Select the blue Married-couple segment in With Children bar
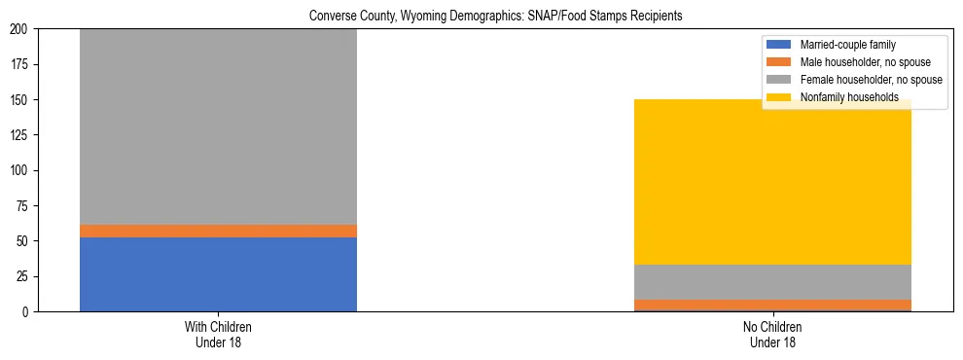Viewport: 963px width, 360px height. click(x=218, y=274)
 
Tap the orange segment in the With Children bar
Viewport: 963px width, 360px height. click(x=218, y=231)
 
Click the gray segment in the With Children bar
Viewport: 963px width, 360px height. click(x=218, y=126)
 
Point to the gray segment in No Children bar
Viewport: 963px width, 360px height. click(x=772, y=282)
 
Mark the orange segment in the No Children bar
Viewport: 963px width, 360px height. click(x=772, y=305)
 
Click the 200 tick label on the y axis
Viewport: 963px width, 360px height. click(x=21, y=29)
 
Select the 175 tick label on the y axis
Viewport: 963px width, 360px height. click(x=21, y=64)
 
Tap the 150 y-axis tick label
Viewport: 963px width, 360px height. click(x=21, y=100)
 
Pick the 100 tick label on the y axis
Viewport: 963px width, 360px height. click(x=21, y=170)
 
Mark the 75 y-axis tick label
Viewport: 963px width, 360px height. click(x=24, y=206)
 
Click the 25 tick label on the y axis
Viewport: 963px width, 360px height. click(x=24, y=276)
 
